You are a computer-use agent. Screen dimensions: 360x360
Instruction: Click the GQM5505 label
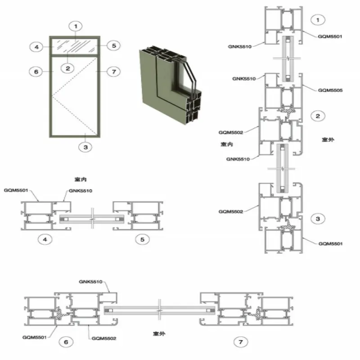point(330,90)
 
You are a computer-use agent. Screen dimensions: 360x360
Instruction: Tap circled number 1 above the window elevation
point(76,27)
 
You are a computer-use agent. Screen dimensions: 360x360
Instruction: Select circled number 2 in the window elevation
point(68,68)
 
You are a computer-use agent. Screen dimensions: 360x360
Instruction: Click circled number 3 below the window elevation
point(85,147)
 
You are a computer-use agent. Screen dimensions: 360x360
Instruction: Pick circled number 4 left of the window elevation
point(36,47)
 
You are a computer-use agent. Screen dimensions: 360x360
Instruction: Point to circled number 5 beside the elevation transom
point(114,46)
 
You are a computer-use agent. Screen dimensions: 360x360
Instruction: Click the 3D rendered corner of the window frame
point(171,85)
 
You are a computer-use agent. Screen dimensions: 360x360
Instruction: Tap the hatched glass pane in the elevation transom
point(75,46)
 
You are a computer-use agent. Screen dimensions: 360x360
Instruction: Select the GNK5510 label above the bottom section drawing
point(90,282)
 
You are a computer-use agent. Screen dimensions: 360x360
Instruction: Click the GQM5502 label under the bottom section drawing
point(104,338)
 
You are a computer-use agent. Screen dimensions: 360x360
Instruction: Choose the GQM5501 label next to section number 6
point(35,337)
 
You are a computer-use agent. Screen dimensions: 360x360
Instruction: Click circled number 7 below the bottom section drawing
point(241,342)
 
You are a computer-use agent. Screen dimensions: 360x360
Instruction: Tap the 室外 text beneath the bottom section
point(159,333)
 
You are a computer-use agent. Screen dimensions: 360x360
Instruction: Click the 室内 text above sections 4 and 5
point(81,179)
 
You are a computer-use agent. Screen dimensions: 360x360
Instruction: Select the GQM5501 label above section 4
point(16,190)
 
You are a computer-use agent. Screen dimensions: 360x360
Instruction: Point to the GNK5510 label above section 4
point(81,191)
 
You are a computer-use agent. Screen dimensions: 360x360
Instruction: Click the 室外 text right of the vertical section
point(328,139)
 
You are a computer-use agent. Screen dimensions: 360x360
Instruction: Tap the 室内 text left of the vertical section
point(227,144)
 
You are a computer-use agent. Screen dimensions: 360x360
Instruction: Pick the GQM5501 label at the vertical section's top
point(330,36)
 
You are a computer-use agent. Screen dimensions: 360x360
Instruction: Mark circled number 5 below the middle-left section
point(142,239)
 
